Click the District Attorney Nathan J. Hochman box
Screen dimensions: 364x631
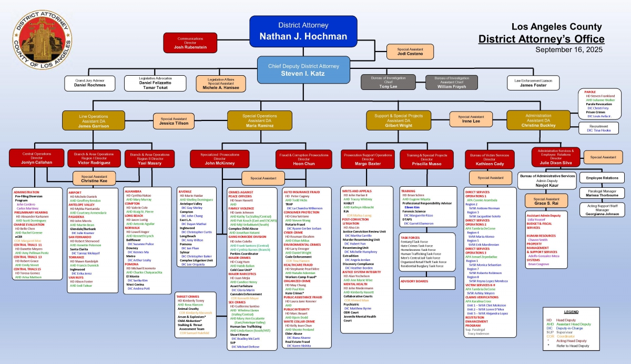tap(303, 32)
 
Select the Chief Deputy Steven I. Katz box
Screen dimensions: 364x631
tap(303, 70)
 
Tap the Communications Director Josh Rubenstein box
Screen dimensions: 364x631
tap(190, 43)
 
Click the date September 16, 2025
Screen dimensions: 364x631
tap(569, 49)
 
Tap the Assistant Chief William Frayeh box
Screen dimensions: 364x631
tap(451, 83)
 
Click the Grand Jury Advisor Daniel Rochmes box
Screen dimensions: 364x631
tap(89, 83)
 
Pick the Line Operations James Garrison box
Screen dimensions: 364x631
tap(94, 120)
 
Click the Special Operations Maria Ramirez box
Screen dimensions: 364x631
tap(259, 120)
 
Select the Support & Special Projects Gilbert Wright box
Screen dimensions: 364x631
tap(399, 120)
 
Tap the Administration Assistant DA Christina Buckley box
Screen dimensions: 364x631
tap(538, 120)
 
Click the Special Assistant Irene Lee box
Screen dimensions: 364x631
tap(471, 119)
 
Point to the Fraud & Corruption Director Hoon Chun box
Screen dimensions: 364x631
tap(303, 160)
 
